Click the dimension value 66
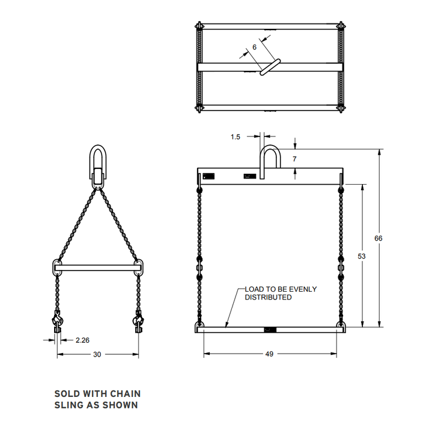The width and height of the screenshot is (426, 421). click(x=378, y=238)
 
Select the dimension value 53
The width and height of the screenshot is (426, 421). click(x=361, y=256)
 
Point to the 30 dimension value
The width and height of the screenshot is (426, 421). click(x=97, y=354)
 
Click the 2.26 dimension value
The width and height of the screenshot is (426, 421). click(x=83, y=340)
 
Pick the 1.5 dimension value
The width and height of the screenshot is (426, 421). click(x=236, y=137)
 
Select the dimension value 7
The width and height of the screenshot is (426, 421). click(x=295, y=159)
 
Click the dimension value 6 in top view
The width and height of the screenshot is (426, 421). click(x=254, y=47)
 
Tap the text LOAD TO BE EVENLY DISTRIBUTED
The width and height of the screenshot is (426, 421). click(x=280, y=293)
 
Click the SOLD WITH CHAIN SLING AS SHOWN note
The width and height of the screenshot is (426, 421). click(x=97, y=399)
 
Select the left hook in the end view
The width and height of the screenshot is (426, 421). click(x=58, y=320)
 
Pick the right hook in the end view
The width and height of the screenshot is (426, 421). click(x=138, y=320)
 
